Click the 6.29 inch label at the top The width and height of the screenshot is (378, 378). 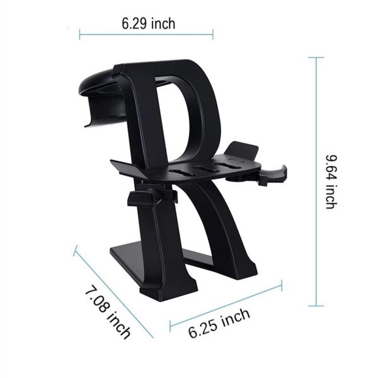click(149, 23)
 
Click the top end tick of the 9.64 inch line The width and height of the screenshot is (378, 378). click(316, 57)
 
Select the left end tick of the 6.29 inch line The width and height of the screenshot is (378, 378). click(80, 34)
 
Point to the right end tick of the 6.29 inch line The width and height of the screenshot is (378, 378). click(213, 34)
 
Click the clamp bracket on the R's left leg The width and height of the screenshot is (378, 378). click(145, 198)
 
